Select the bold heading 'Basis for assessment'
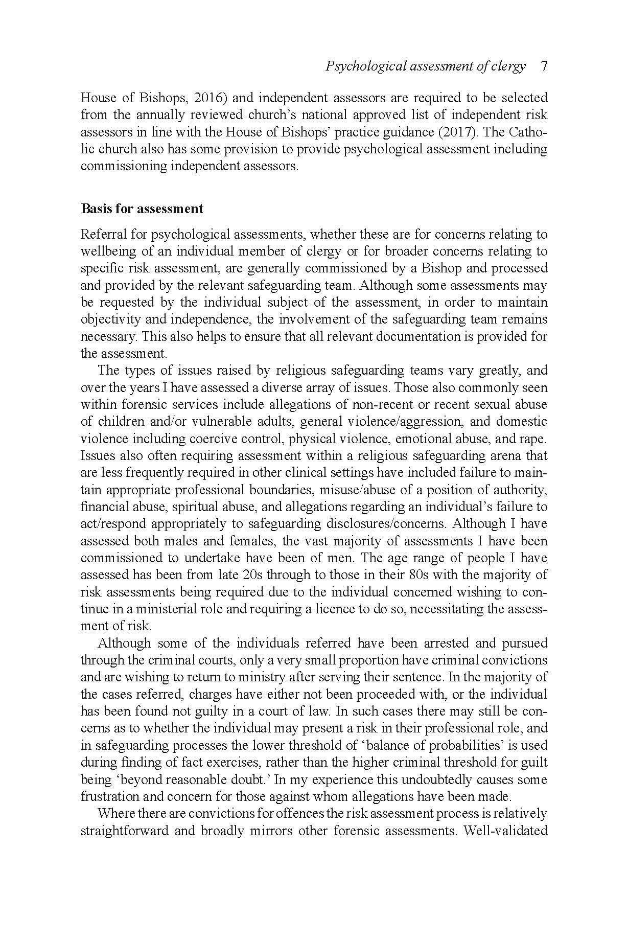pos(142,209)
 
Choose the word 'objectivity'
pos(106,319)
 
